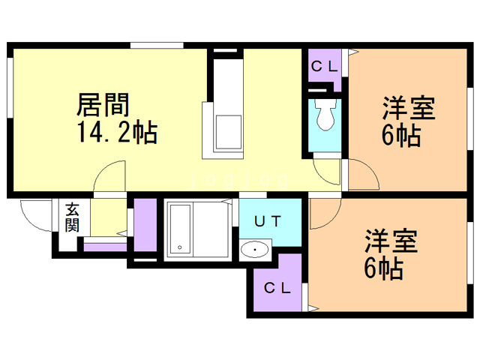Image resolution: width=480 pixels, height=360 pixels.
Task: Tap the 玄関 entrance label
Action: click(x=71, y=217)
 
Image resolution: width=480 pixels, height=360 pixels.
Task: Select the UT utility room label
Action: click(x=267, y=221)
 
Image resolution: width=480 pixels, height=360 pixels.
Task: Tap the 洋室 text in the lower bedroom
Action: click(x=391, y=241)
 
